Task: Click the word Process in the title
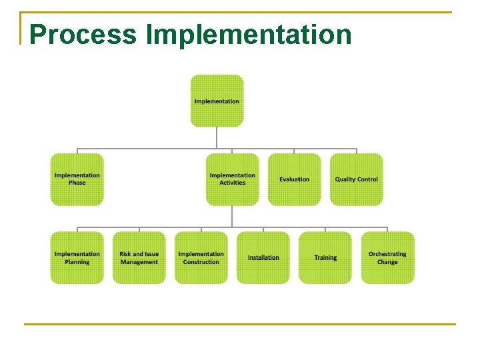pos(83,35)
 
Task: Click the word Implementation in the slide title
pos(249,35)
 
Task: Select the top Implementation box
pos(217,101)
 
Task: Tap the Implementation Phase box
pos(77,179)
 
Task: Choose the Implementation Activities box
pos(232,179)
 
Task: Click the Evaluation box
pos(294,179)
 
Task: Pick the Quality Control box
pos(356,179)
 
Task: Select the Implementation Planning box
pos(77,257)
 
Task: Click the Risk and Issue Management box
pos(139,257)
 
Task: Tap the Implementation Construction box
pos(201,257)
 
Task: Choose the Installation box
pos(263,257)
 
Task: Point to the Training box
pos(325,257)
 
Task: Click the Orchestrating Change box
pos(387,257)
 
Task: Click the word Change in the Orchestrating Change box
pos(387,262)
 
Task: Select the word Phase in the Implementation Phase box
pos(77,183)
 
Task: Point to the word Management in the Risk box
pos(139,262)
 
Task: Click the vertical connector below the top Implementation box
pos(217,137)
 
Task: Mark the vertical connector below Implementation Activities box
pos(232,216)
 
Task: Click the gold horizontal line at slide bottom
pos(240,325)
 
